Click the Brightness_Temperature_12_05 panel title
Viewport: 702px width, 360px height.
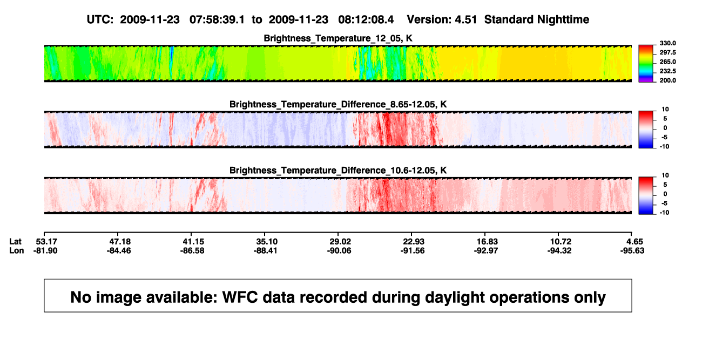coord(338,38)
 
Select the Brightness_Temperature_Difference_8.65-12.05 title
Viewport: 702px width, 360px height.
coord(338,104)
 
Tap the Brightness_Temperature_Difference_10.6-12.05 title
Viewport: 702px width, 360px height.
coord(338,171)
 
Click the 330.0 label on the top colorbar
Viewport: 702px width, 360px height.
coord(667,43)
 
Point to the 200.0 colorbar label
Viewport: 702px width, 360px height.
coord(667,80)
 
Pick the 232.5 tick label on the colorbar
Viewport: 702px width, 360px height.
coord(667,71)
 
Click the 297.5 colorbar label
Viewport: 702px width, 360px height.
coord(667,53)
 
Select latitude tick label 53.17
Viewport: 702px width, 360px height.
coord(46,242)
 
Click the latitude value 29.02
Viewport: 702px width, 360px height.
coord(340,242)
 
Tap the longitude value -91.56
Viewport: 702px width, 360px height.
coord(413,250)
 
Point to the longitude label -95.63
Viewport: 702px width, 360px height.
coord(632,250)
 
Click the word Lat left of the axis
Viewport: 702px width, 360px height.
coord(15,242)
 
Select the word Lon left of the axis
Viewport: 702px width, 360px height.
coord(17,250)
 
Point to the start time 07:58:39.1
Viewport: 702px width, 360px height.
coord(217,19)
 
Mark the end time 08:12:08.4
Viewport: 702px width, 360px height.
coord(366,19)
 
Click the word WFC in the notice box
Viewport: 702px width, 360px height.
coord(240,297)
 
